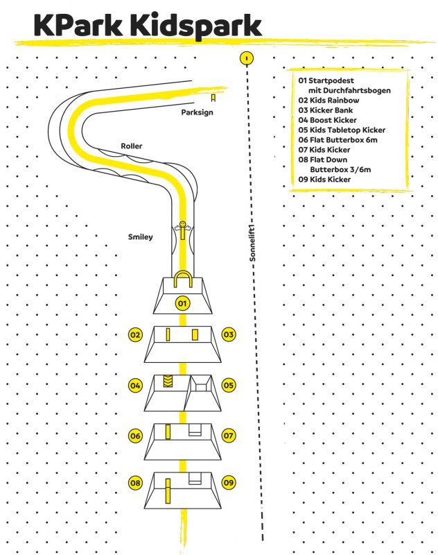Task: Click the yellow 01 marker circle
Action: tap(182, 303)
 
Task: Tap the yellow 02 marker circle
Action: tap(135, 335)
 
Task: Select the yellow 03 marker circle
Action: tap(229, 334)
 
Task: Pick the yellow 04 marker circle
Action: tap(135, 386)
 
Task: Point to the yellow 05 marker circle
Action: tap(229, 385)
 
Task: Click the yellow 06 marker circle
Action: tap(135, 436)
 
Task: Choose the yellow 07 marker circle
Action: tap(229, 436)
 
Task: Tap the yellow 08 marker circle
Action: tap(135, 483)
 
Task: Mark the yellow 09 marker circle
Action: tap(229, 482)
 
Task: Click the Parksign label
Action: tap(197, 112)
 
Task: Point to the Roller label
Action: tap(132, 146)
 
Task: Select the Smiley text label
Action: tap(141, 237)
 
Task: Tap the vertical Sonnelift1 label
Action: tap(252, 244)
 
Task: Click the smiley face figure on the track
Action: tap(182, 230)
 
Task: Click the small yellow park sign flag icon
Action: tap(213, 98)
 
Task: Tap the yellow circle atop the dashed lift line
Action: tap(247, 58)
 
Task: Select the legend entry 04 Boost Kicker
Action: tap(327, 120)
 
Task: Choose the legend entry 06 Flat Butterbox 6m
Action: tap(338, 140)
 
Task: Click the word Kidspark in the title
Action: tap(195, 26)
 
